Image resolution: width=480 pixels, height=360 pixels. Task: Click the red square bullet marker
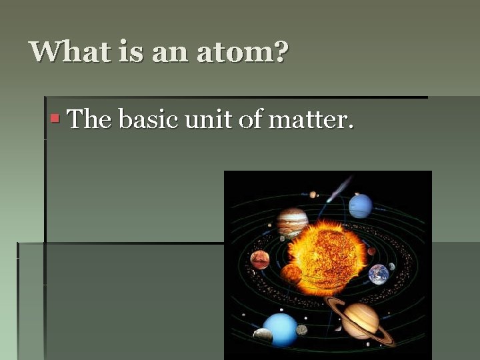click(55, 119)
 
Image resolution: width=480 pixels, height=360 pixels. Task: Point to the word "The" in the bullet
click(90, 120)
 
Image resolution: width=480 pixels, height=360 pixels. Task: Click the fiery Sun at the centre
click(327, 257)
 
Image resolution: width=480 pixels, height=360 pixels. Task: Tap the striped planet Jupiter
click(292, 222)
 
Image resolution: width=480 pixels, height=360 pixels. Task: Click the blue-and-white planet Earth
click(379, 274)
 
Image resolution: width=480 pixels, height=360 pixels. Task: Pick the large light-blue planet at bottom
click(280, 328)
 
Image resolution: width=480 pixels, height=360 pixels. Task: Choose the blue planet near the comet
click(361, 206)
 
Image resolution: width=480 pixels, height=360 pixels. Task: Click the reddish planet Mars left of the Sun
click(260, 259)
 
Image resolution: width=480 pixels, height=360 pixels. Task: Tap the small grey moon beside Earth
click(392, 267)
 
